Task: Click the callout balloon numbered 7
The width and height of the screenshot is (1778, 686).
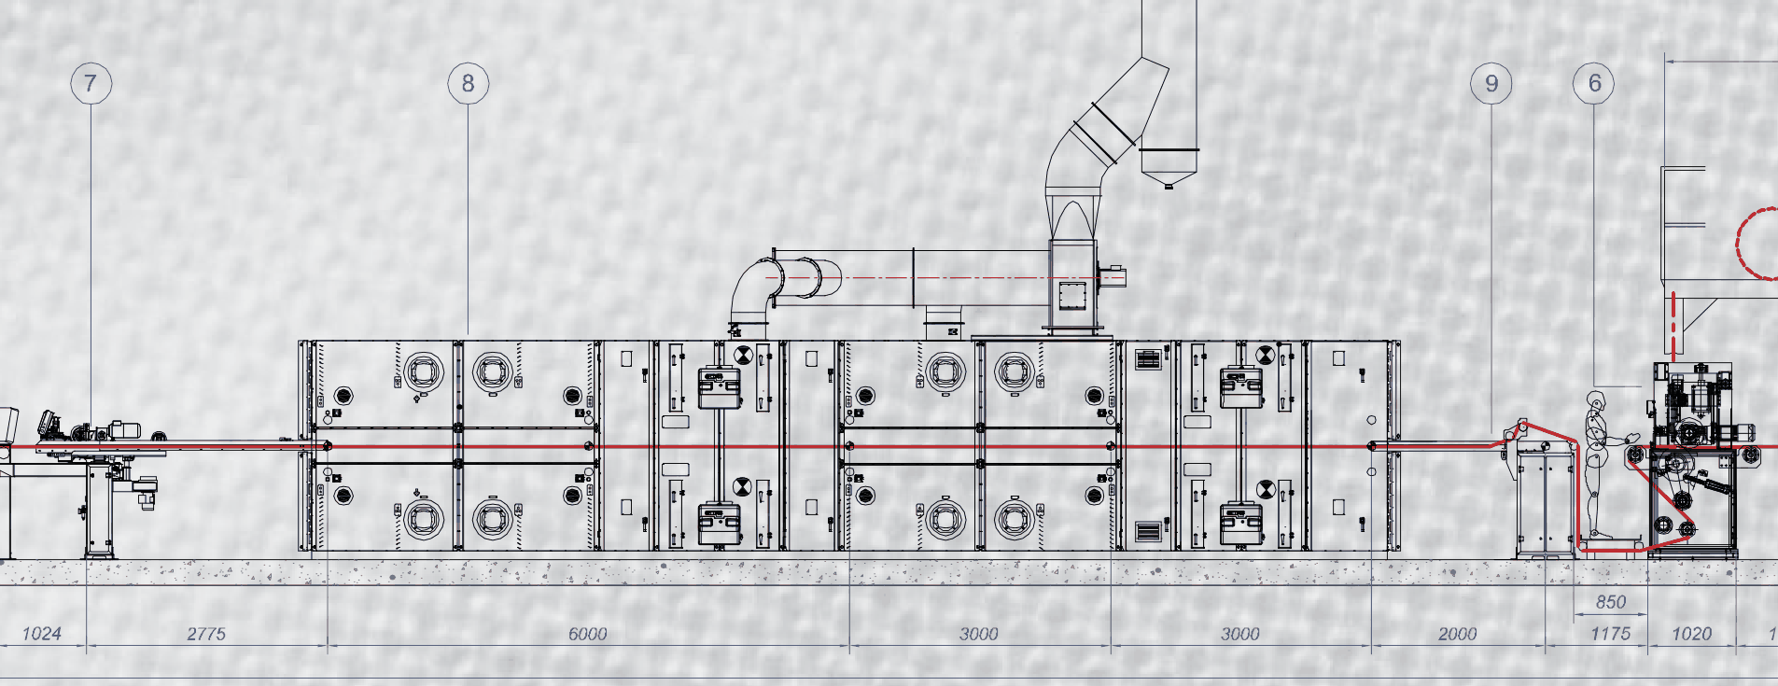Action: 91,83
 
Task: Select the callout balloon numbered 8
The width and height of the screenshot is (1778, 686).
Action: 468,83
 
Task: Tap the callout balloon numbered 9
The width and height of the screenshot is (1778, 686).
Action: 1491,83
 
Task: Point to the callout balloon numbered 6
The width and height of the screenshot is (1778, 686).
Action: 1594,83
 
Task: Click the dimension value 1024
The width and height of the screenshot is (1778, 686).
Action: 41,634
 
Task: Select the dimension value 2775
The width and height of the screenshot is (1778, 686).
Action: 206,634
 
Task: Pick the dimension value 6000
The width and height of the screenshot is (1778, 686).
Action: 588,634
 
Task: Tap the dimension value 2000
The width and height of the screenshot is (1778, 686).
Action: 1457,634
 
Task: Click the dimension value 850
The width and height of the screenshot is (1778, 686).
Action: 1611,602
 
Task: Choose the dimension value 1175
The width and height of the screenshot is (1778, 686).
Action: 1610,634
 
